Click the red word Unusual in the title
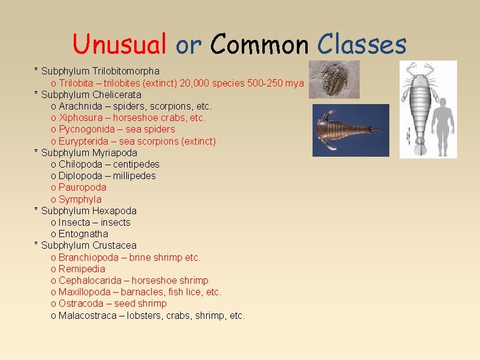119,44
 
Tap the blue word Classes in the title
362,44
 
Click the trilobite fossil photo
334,79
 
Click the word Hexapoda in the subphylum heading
114,211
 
